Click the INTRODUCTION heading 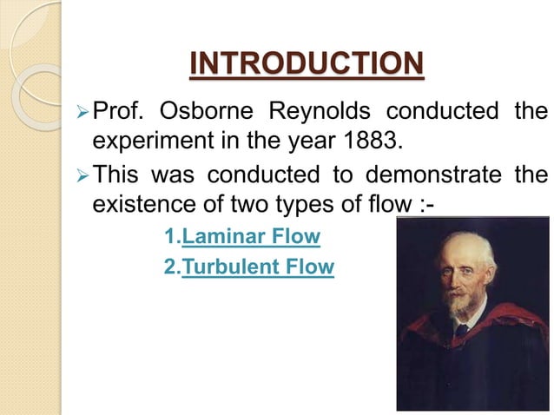307,63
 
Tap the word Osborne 209,113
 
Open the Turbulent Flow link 257,267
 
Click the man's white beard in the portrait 455,306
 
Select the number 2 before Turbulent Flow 168,267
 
